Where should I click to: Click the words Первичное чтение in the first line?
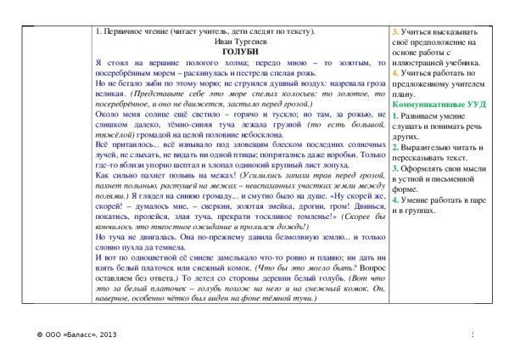tap(131, 31)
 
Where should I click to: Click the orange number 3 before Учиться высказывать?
tap(394, 32)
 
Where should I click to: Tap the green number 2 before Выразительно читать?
tap(394, 145)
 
